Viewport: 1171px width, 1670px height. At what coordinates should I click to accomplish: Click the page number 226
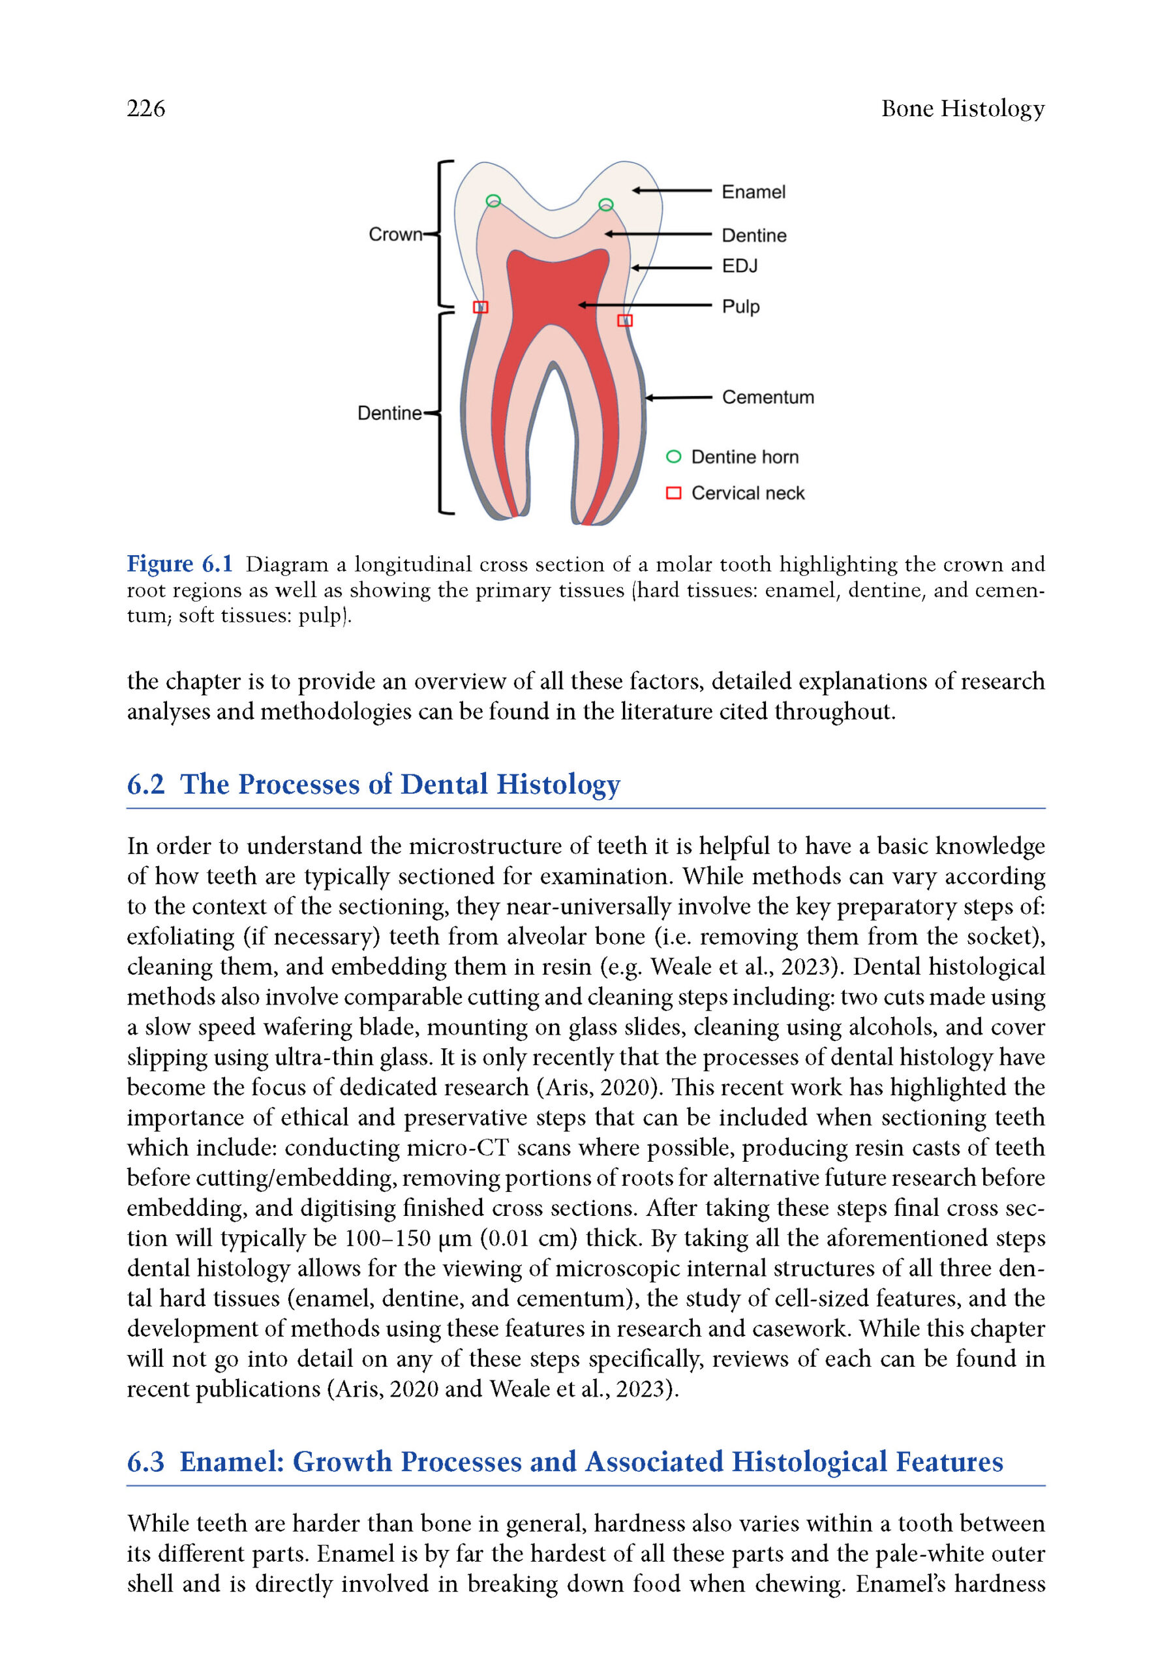tap(145, 108)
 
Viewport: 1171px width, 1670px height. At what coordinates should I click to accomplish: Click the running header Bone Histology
tap(962, 108)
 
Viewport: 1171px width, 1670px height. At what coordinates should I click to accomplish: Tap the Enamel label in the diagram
tap(753, 192)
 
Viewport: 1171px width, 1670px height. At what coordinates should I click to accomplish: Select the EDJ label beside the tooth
tap(739, 266)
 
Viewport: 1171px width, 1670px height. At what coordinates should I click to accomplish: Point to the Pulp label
tap(740, 306)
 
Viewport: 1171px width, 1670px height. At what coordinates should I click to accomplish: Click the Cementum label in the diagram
tap(767, 397)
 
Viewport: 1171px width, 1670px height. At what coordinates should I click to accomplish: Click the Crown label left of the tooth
tap(395, 234)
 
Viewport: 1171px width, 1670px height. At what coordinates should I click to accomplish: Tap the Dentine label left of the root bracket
tap(389, 413)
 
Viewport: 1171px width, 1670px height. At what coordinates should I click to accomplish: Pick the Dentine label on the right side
tap(753, 235)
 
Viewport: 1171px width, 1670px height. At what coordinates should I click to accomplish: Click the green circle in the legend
tap(673, 457)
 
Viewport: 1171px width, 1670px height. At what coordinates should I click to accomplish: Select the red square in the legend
tap(673, 493)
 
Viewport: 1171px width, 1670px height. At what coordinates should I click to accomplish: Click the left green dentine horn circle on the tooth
tap(493, 201)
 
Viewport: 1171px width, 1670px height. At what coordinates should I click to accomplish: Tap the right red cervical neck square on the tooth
tap(625, 320)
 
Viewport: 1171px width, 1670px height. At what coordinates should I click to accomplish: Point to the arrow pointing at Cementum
tap(678, 398)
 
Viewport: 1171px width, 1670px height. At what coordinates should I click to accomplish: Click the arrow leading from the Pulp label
tap(644, 305)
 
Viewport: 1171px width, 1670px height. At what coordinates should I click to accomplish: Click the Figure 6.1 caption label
tap(179, 564)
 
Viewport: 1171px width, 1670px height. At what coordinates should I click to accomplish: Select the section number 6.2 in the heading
tap(145, 784)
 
